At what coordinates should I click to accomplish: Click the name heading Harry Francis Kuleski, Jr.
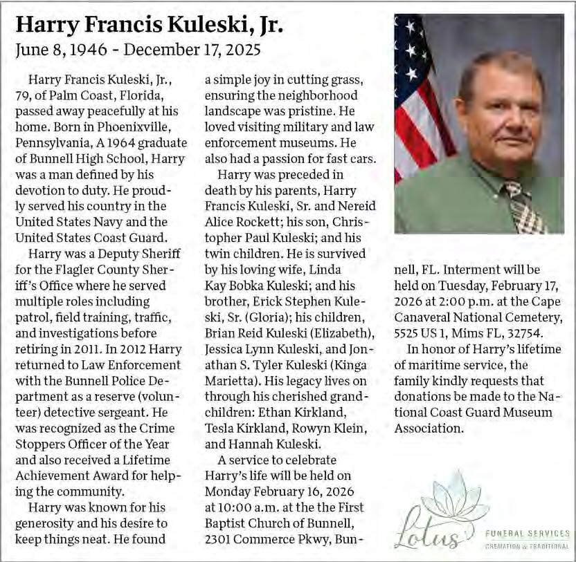[150, 26]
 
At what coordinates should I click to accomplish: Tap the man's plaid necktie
[525, 207]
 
